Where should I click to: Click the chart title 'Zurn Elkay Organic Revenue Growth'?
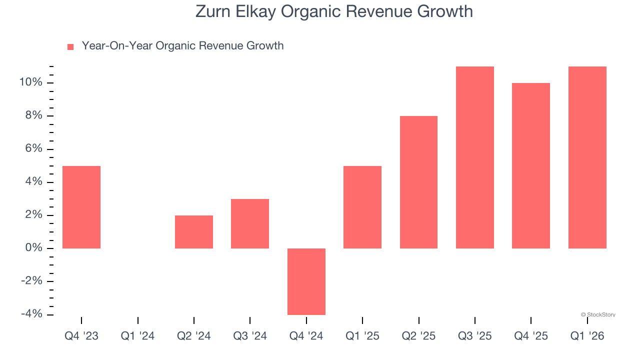click(x=334, y=11)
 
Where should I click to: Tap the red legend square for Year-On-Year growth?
click(x=70, y=46)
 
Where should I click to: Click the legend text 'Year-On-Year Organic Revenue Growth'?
click(x=182, y=46)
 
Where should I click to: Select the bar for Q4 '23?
click(x=81, y=207)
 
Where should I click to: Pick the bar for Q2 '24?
click(x=194, y=232)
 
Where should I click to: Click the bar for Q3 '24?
click(x=250, y=223)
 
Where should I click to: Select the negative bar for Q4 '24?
click(x=306, y=281)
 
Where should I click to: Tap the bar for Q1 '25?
click(x=362, y=207)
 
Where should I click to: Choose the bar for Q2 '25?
click(x=418, y=182)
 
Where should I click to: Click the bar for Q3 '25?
click(x=475, y=157)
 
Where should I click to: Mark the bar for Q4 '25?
click(x=531, y=165)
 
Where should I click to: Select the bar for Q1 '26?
click(x=587, y=157)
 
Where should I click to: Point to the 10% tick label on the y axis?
click(x=30, y=82)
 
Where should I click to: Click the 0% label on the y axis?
click(x=33, y=248)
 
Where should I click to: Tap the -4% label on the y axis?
click(x=32, y=314)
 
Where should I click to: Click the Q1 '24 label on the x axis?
click(x=137, y=336)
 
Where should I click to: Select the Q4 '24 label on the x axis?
click(x=306, y=336)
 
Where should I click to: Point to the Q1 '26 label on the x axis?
click(x=587, y=336)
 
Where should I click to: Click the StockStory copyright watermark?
click(x=598, y=315)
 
